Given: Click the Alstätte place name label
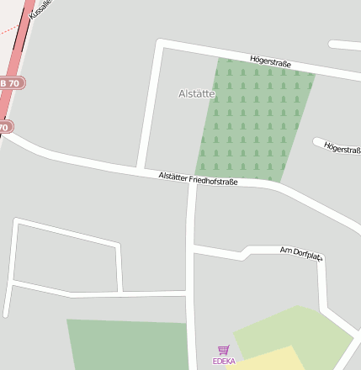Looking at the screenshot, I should pos(197,94).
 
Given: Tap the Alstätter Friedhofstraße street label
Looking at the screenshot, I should pos(199,178).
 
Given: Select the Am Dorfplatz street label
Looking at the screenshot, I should pos(300,252).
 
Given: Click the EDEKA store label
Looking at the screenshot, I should pos(224,362).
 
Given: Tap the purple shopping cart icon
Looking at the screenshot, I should pos(223,350).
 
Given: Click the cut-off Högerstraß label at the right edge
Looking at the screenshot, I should pos(342,149).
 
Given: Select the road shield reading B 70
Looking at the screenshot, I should pos(11,83).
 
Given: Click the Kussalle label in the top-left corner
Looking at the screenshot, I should pos(40,9).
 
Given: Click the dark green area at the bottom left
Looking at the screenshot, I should pos(126,345).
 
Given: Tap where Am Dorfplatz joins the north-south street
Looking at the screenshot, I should pos(194,249).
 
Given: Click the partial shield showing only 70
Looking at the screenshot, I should pos(5,128).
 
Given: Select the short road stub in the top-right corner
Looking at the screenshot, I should pos(345,45).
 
